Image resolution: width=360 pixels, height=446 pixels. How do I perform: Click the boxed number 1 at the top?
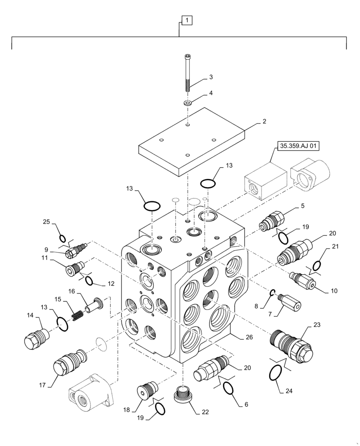tap(187, 20)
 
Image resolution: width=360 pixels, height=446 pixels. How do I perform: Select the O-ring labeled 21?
tap(316, 266)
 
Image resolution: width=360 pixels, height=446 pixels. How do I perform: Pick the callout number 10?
tap(333, 291)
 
